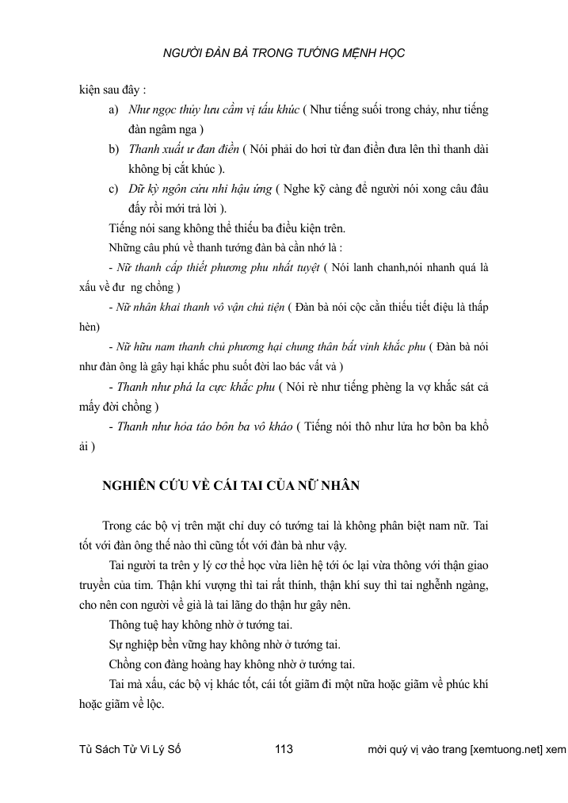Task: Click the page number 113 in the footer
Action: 284,749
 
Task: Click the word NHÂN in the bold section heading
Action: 338,487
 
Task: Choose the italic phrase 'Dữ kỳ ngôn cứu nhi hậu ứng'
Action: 201,189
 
